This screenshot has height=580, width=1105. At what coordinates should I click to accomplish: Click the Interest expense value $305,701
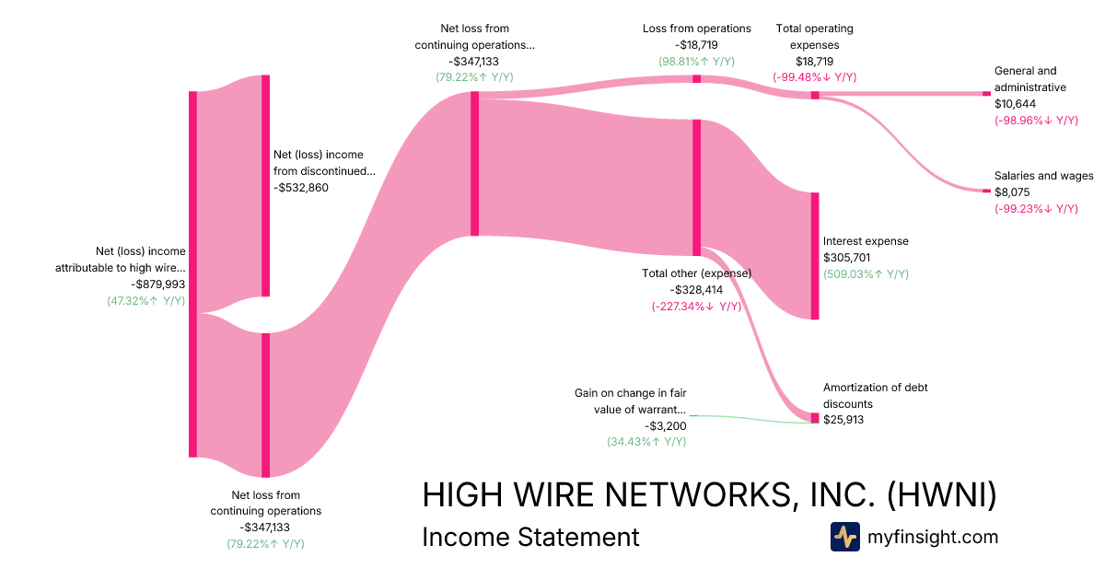(x=846, y=258)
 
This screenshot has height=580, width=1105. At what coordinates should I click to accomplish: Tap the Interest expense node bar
(x=814, y=256)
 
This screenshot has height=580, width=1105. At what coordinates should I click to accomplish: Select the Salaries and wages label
(x=1043, y=176)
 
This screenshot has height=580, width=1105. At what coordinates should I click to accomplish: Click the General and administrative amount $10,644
(x=1015, y=104)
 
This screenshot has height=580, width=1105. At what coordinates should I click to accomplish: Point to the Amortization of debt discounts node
(x=814, y=418)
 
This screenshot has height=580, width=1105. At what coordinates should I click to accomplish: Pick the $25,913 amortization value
(x=843, y=420)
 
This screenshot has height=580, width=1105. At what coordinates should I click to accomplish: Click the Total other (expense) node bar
(x=697, y=187)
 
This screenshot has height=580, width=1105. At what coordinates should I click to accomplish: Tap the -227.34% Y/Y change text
(x=697, y=307)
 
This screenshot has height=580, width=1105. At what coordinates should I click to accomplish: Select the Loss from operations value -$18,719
(x=696, y=45)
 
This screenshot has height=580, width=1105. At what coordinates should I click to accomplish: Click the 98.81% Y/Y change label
(x=696, y=62)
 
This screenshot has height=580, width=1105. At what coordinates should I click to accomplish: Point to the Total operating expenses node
(x=814, y=95)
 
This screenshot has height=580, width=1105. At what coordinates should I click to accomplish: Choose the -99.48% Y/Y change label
(x=815, y=77)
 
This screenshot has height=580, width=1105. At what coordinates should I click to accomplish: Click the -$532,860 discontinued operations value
(x=301, y=188)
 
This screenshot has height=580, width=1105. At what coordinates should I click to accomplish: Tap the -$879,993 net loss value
(x=157, y=284)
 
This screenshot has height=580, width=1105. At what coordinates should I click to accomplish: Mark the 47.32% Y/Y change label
(x=146, y=300)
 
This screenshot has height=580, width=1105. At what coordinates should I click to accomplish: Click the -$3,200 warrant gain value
(x=666, y=425)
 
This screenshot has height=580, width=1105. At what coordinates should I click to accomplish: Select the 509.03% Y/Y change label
(x=866, y=274)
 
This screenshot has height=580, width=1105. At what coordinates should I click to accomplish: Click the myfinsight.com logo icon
(x=845, y=537)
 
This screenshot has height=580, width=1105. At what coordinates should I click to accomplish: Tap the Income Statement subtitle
(x=530, y=537)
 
